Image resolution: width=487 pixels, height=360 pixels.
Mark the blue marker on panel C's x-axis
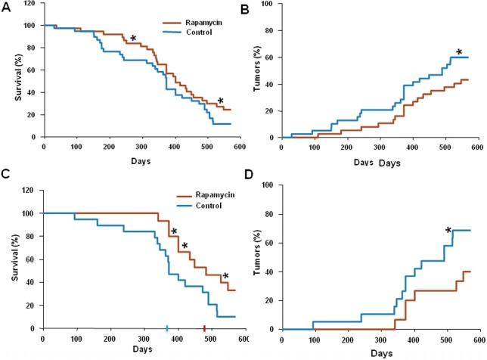[x=167, y=328]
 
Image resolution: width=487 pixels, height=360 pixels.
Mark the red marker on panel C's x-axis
[x=204, y=328]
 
